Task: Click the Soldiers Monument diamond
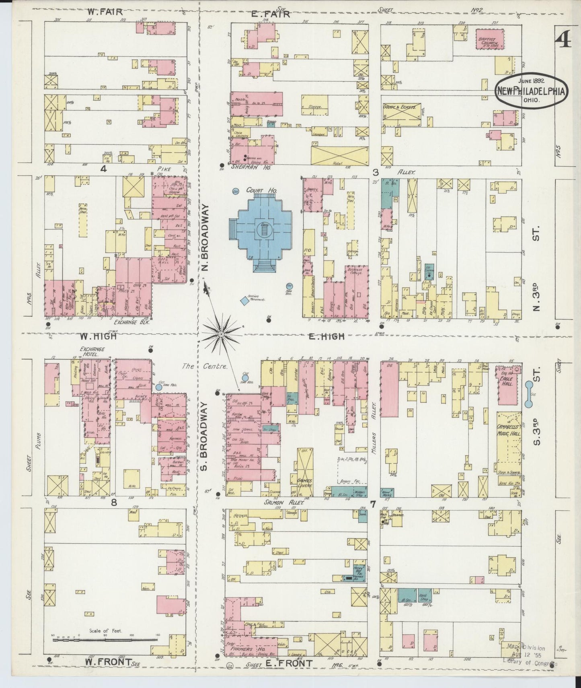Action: tap(244, 300)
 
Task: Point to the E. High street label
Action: tap(326, 336)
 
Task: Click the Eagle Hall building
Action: tap(508, 385)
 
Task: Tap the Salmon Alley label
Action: tap(285, 503)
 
